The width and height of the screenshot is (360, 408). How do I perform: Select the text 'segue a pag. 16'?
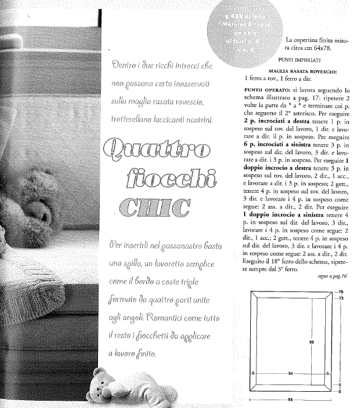332,276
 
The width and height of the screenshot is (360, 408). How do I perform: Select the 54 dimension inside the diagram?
290,372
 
